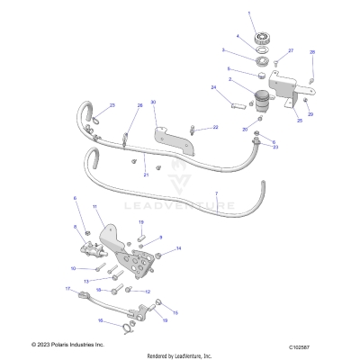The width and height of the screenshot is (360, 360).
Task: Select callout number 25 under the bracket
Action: [x=299, y=120]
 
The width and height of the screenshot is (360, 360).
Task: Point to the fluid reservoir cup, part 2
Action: [x=264, y=99]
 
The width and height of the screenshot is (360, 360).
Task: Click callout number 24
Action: [x=214, y=87]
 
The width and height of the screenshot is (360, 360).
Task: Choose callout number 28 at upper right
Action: [x=312, y=53]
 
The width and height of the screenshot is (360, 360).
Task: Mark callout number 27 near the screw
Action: [x=290, y=50]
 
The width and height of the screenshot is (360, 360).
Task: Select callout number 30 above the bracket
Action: [x=154, y=103]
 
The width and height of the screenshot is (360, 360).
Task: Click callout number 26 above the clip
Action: [x=139, y=105]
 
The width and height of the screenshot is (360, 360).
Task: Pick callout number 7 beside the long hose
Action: [x=215, y=193]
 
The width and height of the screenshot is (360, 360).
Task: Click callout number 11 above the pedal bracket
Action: [x=94, y=207]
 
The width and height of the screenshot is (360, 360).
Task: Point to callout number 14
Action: [x=178, y=247]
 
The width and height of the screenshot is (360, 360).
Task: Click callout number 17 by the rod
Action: [x=67, y=289]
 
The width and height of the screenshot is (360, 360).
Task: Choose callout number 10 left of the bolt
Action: [x=73, y=268]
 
